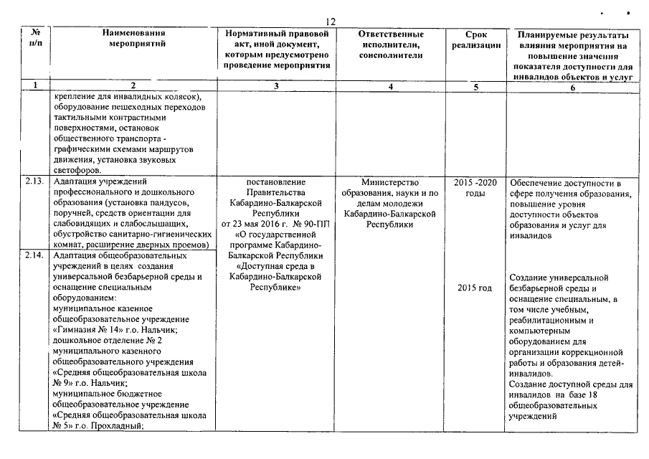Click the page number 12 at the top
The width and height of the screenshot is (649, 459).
(x=331, y=22)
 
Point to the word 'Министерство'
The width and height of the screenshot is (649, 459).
(x=389, y=182)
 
